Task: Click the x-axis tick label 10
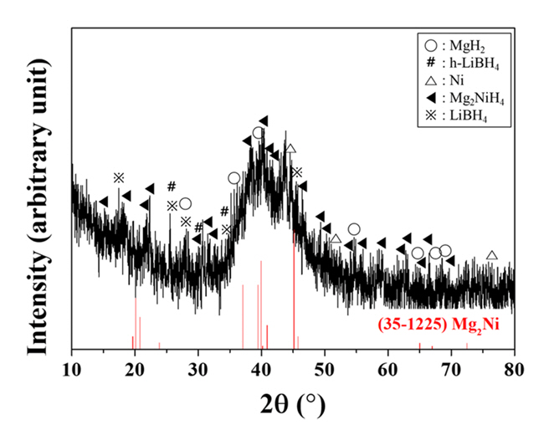click(x=72, y=367)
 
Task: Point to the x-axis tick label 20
click(x=135, y=367)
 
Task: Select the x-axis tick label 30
click(x=198, y=367)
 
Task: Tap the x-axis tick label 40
click(x=261, y=367)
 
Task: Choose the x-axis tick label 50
click(x=325, y=367)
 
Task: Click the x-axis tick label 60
click(x=387, y=367)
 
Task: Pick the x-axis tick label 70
click(x=451, y=367)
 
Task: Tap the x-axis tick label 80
click(x=514, y=367)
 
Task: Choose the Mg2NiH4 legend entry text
click(x=476, y=100)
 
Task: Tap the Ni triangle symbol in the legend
click(x=430, y=82)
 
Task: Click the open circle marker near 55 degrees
click(x=354, y=229)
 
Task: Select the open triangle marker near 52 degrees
click(x=336, y=240)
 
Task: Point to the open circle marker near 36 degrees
click(x=233, y=178)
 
